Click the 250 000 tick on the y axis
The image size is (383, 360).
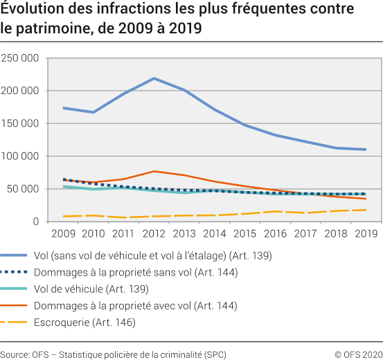click(20, 58)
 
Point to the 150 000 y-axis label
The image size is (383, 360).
click(20, 123)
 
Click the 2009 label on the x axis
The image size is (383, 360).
click(63, 234)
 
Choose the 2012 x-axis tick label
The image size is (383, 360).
click(154, 234)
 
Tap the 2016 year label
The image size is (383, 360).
click(274, 234)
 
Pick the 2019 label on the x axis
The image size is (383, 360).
click(365, 234)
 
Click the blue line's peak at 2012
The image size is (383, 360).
click(154, 78)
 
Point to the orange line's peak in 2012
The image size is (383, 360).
click(154, 171)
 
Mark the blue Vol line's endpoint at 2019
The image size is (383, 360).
click(365, 150)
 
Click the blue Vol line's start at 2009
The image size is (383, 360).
click(63, 108)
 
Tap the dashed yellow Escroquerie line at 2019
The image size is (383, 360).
click(365, 210)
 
